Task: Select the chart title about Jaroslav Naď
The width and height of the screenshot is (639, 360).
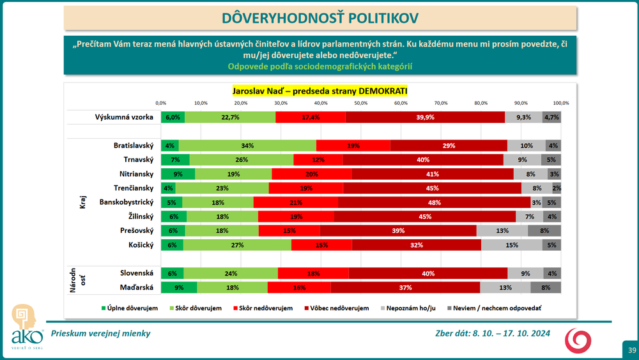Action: point(319,91)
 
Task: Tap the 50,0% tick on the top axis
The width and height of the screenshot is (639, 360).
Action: point(360,103)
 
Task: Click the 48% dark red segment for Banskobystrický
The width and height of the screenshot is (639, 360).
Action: point(434,202)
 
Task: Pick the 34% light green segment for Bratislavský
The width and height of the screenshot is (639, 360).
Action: point(247,146)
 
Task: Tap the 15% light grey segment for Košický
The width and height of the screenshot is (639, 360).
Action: point(511,244)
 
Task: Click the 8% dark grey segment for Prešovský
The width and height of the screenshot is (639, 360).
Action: point(544,230)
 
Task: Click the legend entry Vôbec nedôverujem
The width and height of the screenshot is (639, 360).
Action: point(339,308)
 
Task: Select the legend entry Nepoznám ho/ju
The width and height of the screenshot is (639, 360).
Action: point(411,308)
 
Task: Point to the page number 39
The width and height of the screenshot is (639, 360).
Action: point(631,350)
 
